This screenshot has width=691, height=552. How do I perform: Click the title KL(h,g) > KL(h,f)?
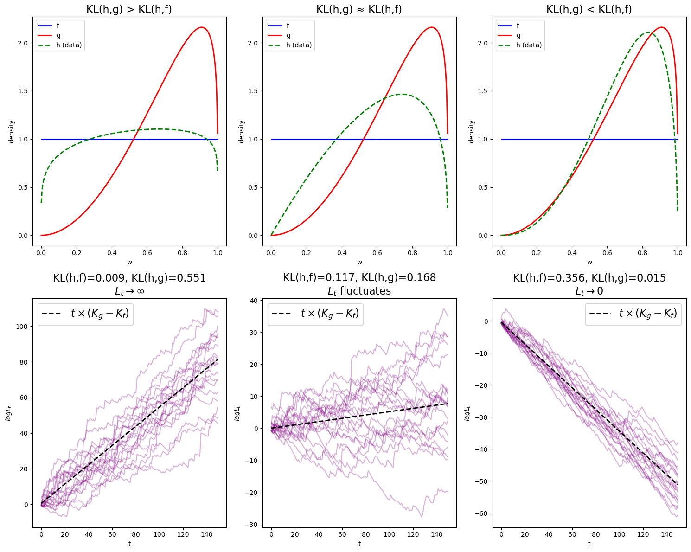point(129,9)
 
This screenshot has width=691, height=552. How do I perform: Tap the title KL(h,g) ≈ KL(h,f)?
point(359,9)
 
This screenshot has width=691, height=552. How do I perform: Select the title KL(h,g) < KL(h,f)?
point(589,9)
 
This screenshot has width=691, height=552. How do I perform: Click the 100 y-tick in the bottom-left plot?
point(21,327)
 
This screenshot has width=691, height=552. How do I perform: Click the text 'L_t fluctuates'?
point(359,291)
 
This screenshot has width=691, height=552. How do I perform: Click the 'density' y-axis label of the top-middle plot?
point(241,131)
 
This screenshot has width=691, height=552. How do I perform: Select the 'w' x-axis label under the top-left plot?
point(129,262)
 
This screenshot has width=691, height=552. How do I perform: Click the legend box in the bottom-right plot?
point(633,314)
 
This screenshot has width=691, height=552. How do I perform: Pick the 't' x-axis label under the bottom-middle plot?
point(359,544)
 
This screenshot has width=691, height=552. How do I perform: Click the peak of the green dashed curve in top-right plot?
point(647,32)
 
